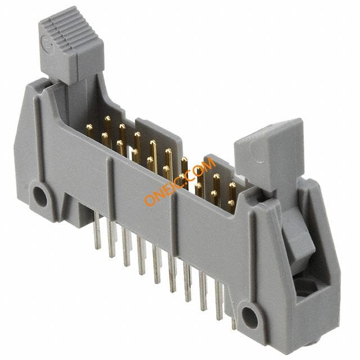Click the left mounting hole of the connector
[x=40, y=196]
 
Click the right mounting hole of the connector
[x=250, y=318]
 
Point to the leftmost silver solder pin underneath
[x=97, y=230]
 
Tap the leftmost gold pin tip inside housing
[x=89, y=127]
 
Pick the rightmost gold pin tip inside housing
[x=232, y=185]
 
